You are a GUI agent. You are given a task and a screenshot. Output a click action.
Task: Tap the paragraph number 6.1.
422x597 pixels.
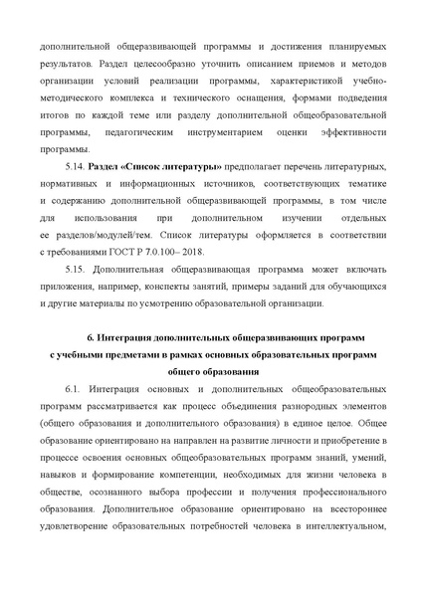72,386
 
